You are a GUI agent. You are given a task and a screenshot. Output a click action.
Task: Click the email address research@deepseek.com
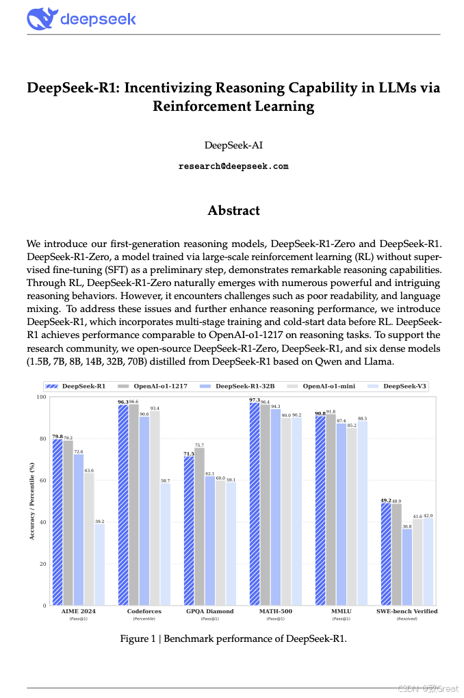(x=233, y=166)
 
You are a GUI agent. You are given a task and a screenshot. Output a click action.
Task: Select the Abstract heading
(x=233, y=210)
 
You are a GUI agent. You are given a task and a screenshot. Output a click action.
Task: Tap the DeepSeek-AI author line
(x=233, y=145)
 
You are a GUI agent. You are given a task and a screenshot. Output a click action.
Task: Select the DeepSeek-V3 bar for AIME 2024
(x=100, y=565)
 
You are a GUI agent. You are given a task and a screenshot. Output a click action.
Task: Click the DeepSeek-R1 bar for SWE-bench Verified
(x=386, y=554)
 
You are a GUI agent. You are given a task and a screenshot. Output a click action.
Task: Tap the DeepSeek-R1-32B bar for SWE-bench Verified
(x=407, y=567)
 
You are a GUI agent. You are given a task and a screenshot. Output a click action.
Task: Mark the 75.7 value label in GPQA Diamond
(x=200, y=445)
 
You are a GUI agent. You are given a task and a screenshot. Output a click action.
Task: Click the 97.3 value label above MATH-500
(x=254, y=400)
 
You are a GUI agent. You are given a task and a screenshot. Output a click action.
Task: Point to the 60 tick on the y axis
(x=42, y=480)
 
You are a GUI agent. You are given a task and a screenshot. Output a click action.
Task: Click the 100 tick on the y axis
(x=40, y=397)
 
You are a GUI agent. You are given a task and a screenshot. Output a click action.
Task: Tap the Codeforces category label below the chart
(x=144, y=611)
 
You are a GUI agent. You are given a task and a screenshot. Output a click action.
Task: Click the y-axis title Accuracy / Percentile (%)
(x=32, y=502)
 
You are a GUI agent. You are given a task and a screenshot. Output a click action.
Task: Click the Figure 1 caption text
(x=233, y=638)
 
